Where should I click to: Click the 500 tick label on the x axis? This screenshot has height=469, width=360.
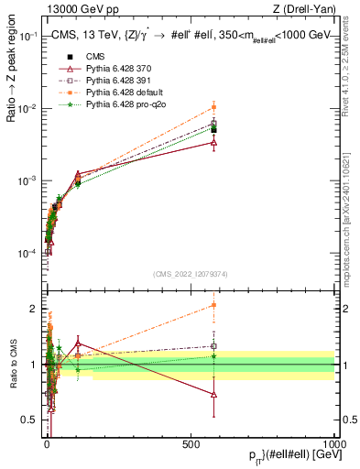191,443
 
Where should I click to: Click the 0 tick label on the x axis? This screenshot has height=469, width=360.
47,443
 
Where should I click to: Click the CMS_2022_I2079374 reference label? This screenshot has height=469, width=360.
190,273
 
